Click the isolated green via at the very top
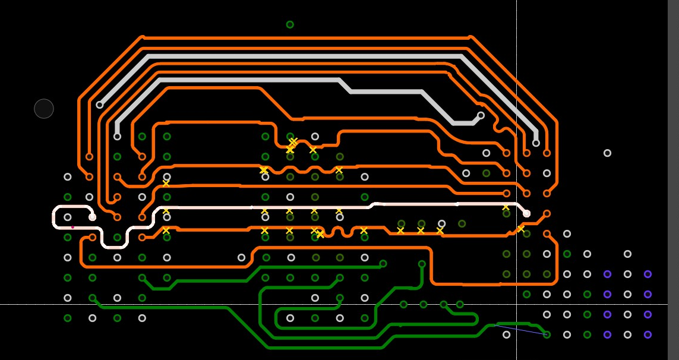coord(290,24)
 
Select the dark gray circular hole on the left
coord(44,109)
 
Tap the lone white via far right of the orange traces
coord(607,153)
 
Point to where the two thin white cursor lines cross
coord(516,304)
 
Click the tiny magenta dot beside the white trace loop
coord(72,227)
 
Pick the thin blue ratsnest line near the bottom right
coord(520,330)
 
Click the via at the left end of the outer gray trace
coord(99,105)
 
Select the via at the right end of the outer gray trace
coord(536,143)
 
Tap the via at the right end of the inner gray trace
coord(481,115)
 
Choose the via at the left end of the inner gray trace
coord(117,137)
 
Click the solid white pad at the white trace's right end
coord(526,213)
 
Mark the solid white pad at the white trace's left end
coord(92,217)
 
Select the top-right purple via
coord(648,274)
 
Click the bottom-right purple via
coord(648,334)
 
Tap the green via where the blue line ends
coord(547,334)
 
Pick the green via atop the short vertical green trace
coord(422,264)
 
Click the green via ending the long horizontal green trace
coord(383,264)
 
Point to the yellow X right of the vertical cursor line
coord(521,229)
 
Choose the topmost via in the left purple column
coord(607,274)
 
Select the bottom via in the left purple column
coord(607,334)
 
